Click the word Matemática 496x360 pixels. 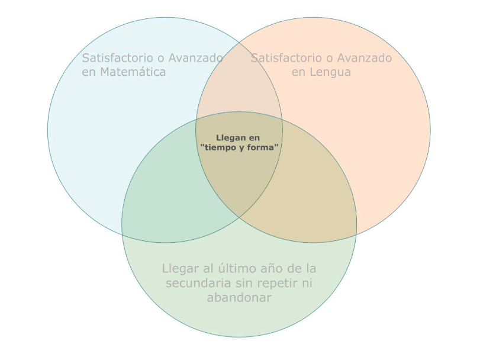[x=133, y=72]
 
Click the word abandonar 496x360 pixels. [x=239, y=297]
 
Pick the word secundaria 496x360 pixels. [x=198, y=283]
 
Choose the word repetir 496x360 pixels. [x=274, y=284]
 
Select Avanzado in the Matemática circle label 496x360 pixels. [x=195, y=58]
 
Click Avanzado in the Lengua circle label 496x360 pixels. [x=365, y=58]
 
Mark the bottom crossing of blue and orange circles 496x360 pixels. [x=239, y=218]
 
